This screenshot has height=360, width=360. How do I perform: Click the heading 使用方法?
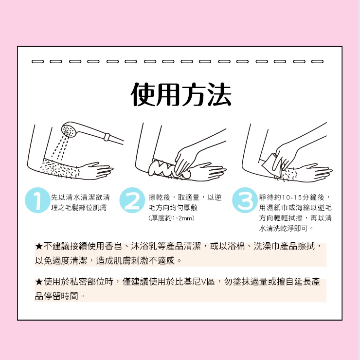(x=181, y=94)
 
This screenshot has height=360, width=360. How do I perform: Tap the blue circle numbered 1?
(x=37, y=200)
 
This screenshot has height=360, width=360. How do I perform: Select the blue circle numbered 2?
(x=132, y=200)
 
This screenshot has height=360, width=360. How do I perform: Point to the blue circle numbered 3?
(x=245, y=200)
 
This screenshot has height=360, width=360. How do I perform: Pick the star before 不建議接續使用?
(x=39, y=246)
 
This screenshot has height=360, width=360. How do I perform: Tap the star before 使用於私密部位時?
(x=39, y=282)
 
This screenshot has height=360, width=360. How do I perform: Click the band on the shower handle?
(x=107, y=136)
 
